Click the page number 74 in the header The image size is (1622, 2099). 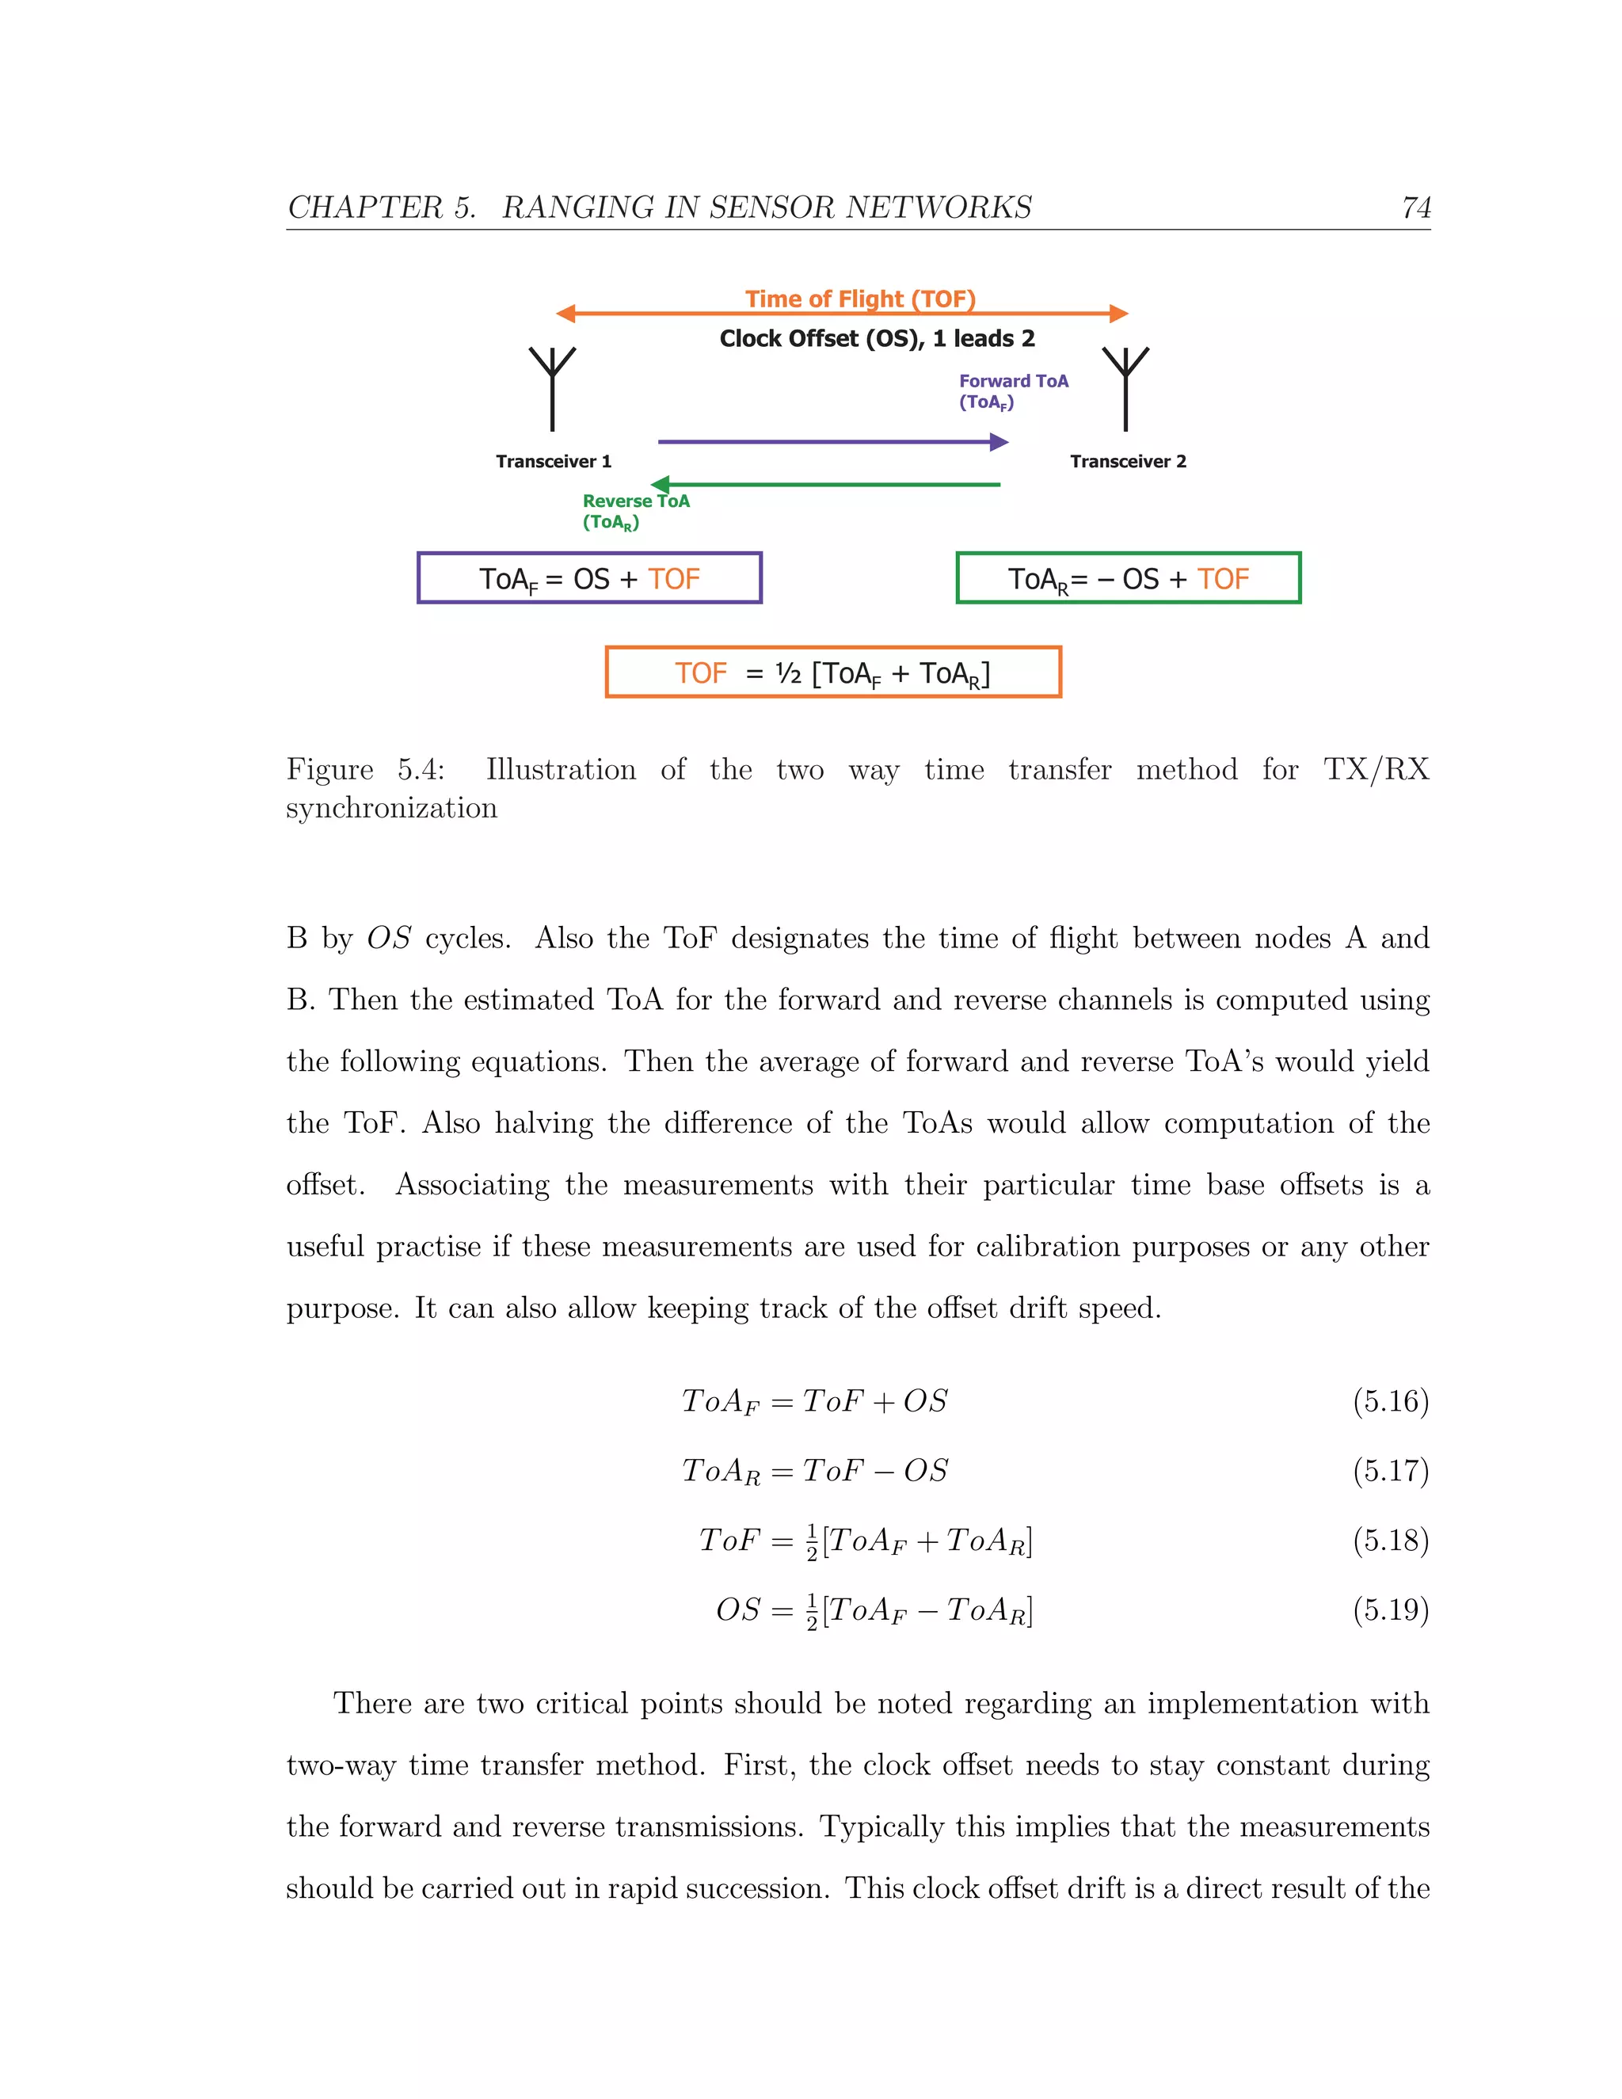pos(1415,208)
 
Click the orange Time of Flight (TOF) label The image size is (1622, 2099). pos(860,299)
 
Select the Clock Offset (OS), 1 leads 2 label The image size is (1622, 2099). pos(877,338)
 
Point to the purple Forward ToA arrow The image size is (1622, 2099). pos(832,442)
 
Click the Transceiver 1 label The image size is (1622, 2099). pos(554,461)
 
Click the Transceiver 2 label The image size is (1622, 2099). pos(1128,461)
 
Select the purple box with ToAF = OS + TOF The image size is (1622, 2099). pos(589,577)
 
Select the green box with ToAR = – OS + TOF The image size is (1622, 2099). pos(1128,577)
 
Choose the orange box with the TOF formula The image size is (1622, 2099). pos(833,672)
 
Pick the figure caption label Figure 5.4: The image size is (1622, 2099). pos(365,770)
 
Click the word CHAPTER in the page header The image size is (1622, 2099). pos(365,208)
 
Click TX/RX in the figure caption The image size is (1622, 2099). pos(1376,770)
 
